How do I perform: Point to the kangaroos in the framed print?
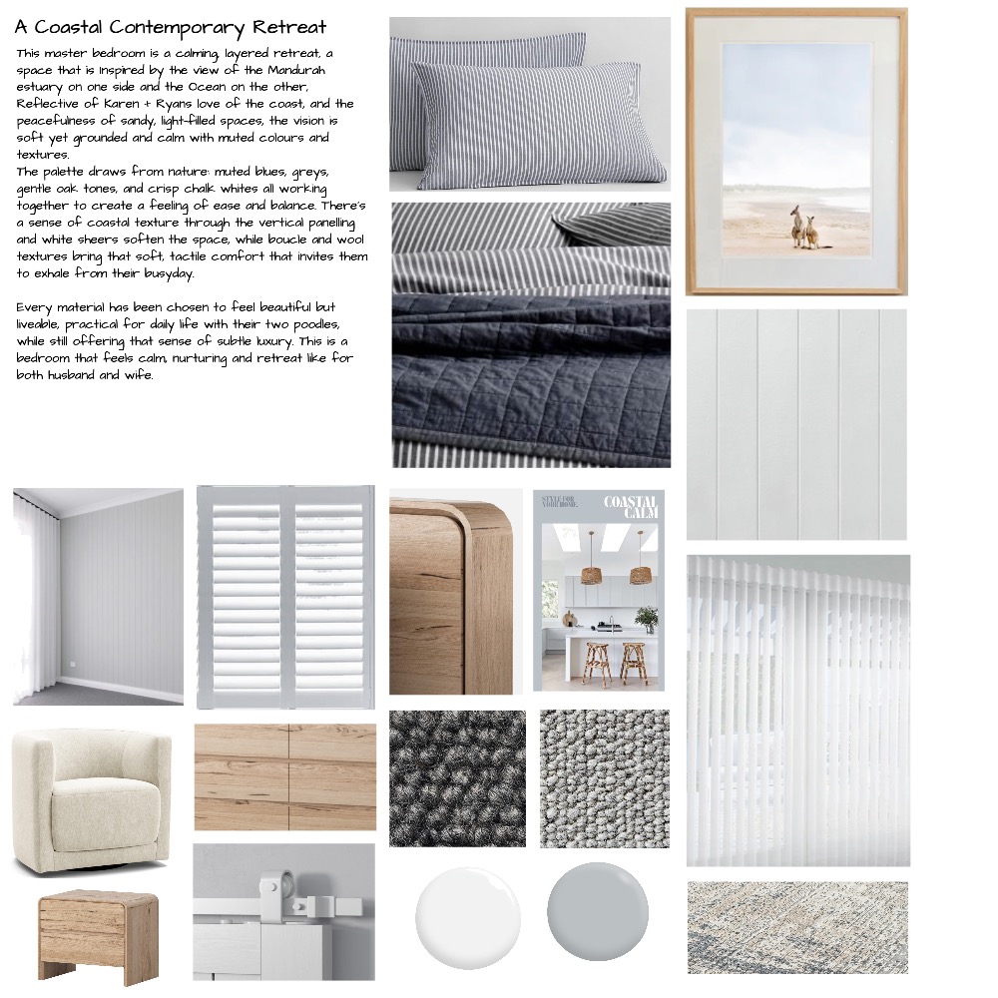coord(804,227)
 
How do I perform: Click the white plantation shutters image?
coord(285,595)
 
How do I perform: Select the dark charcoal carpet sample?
coord(457,778)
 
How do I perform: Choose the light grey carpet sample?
coord(605,778)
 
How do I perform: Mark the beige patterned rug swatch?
coord(797,926)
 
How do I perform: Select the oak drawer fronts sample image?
coord(285,777)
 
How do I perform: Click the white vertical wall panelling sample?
coord(796,424)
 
